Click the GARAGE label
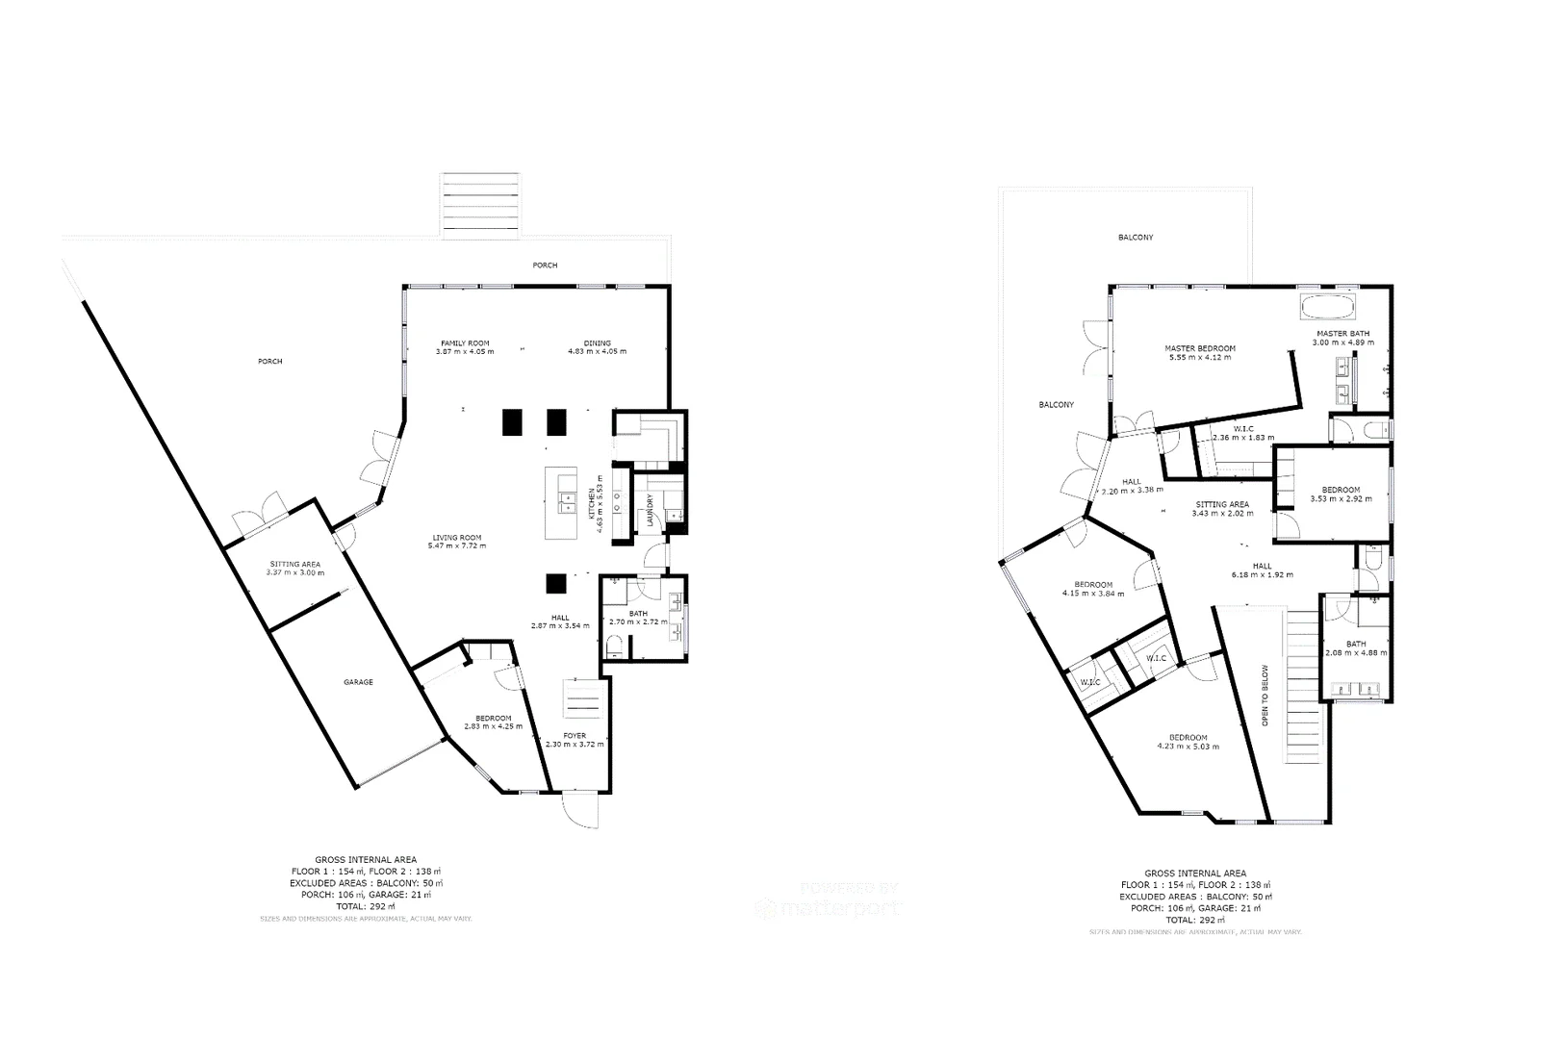(358, 682)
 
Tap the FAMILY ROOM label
(465, 342)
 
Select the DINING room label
(597, 342)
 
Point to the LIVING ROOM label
(456, 538)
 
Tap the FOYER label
(575, 736)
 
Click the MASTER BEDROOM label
(1199, 348)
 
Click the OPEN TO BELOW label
(1265, 695)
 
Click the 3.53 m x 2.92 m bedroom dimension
(1341, 499)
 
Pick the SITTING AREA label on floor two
(1222, 504)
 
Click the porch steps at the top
(480, 204)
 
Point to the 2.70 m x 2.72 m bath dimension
(639, 621)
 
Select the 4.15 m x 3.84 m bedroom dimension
(1093, 594)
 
